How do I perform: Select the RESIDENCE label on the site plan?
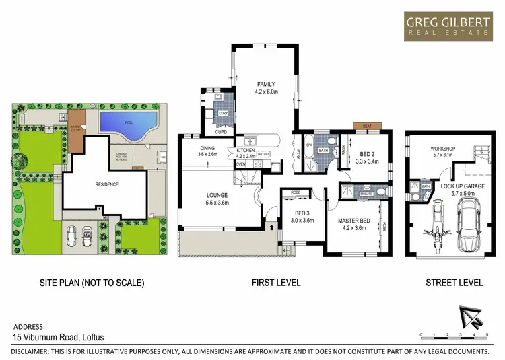106,184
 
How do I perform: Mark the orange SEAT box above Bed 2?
367,126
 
